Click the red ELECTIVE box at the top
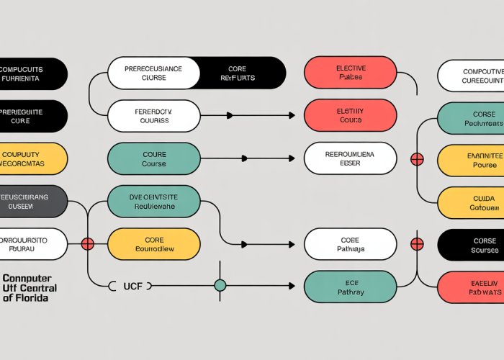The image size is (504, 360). coord(350,73)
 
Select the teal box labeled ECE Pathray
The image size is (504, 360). coord(350,287)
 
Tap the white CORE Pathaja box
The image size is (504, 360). coord(350,244)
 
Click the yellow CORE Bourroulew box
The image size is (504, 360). coord(153,244)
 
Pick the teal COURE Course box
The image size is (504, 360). coord(153,158)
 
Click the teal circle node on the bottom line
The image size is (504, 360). coord(220,286)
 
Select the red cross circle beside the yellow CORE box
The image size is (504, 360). coord(88,244)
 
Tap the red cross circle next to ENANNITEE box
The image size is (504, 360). coord(416,159)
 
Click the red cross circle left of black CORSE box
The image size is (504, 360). coord(416,244)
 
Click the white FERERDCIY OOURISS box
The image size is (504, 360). coord(153,116)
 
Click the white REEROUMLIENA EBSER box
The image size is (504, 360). coord(350,158)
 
